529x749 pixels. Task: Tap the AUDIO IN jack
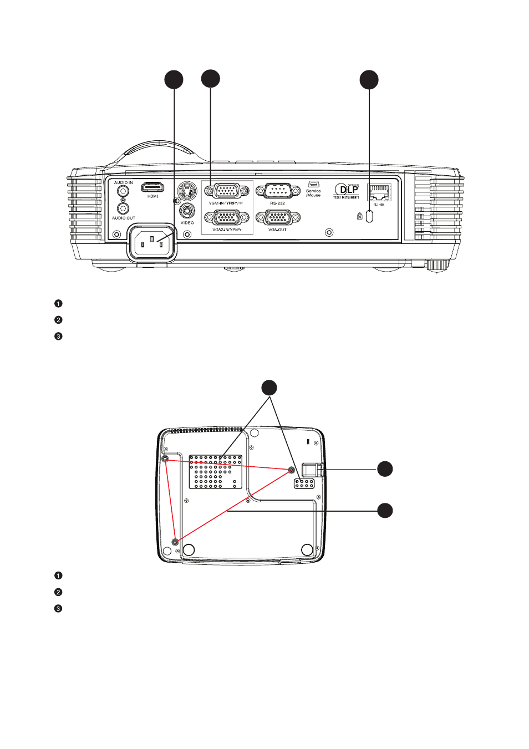pyautogui.click(x=123, y=191)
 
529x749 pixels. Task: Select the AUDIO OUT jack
pyautogui.click(x=123, y=208)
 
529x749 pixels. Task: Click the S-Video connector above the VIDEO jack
pyautogui.click(x=187, y=192)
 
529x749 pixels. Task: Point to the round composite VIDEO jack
pyautogui.click(x=187, y=211)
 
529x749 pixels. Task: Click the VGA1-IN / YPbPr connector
pyautogui.click(x=226, y=191)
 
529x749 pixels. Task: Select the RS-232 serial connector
pyautogui.click(x=277, y=191)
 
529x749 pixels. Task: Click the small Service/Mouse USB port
pyautogui.click(x=313, y=184)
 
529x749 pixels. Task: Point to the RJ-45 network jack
pyautogui.click(x=379, y=192)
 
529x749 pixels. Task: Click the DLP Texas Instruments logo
pyautogui.click(x=347, y=191)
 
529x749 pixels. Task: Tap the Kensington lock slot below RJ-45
pyautogui.click(x=370, y=216)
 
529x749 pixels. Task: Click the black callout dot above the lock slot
pyautogui.click(x=369, y=80)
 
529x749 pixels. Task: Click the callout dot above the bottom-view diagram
pyautogui.click(x=269, y=388)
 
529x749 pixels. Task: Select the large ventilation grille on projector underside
pyautogui.click(x=216, y=472)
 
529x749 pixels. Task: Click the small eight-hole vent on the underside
pyautogui.click(x=304, y=483)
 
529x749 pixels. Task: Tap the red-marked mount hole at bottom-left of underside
pyautogui.click(x=175, y=542)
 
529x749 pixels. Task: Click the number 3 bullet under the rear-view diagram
pyautogui.click(x=58, y=337)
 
